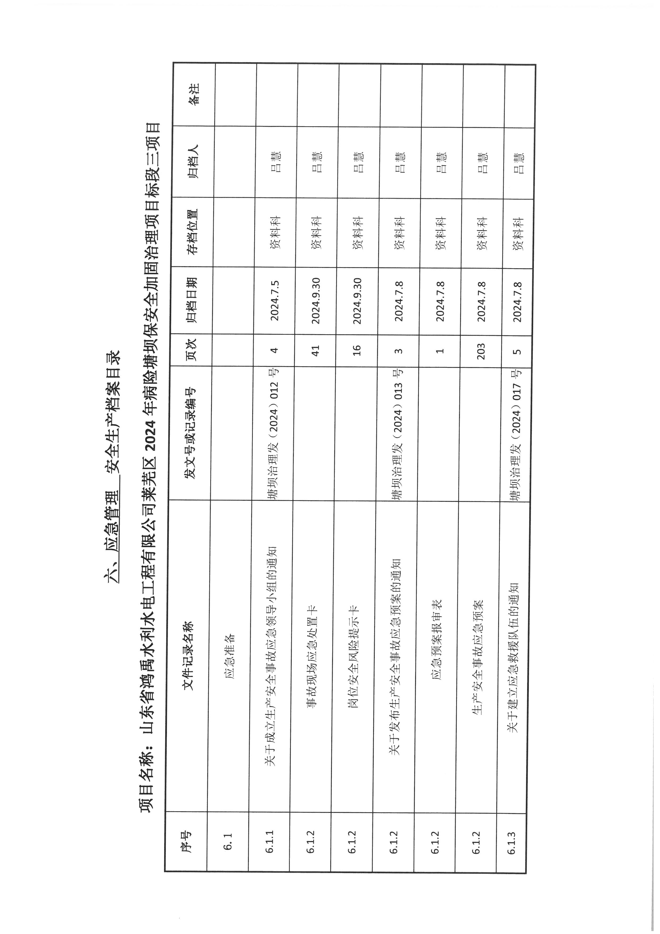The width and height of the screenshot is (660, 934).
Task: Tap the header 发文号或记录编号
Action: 190,433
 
